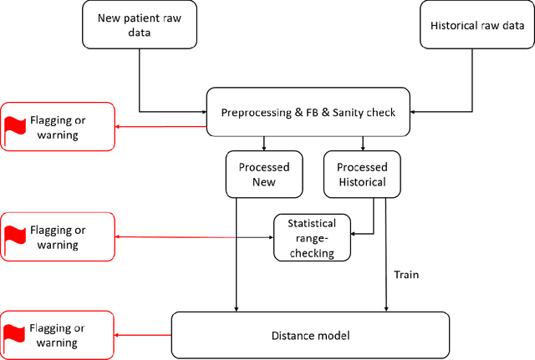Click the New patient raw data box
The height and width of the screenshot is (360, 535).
coord(140,24)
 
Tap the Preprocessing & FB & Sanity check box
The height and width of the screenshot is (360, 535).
coord(308,112)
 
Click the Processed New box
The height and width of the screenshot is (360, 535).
coord(263,175)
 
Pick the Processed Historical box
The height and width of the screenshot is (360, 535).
coord(362,175)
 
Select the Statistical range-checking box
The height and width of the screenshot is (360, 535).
coord(312,238)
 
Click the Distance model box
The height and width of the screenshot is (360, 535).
coord(309,336)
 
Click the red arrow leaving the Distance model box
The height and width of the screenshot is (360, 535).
coord(143,336)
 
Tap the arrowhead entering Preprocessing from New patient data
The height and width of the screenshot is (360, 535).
coord(202,112)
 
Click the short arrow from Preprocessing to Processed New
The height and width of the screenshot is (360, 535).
coord(263,144)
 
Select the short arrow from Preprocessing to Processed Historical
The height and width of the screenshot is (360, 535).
coord(362,144)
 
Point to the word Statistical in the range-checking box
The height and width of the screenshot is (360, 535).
coord(312,224)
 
